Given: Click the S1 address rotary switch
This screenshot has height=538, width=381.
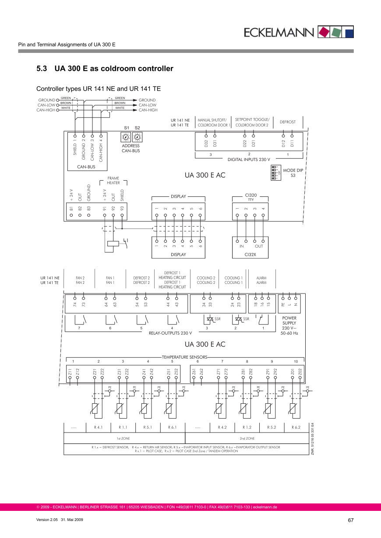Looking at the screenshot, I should click(x=126, y=137).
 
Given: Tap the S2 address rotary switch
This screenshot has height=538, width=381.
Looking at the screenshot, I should click(x=137, y=137).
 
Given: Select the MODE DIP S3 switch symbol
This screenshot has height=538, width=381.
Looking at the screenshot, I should click(x=275, y=172).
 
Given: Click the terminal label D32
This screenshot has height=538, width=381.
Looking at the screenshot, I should click(x=206, y=143).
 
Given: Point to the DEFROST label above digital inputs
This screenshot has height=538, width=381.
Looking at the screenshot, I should click(x=288, y=122).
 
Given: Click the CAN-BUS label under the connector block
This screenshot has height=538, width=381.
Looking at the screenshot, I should click(x=86, y=167).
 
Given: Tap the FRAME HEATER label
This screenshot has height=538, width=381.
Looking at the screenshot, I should click(x=113, y=181).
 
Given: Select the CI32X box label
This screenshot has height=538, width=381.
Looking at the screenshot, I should click(x=250, y=254).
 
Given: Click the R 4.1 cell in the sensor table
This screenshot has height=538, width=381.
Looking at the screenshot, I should click(x=98, y=427).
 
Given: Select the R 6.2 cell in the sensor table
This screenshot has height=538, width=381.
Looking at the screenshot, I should click(x=296, y=427).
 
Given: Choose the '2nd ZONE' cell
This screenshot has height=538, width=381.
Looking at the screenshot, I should click(x=247, y=438).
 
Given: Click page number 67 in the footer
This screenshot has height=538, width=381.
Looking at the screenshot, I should click(x=350, y=520).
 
